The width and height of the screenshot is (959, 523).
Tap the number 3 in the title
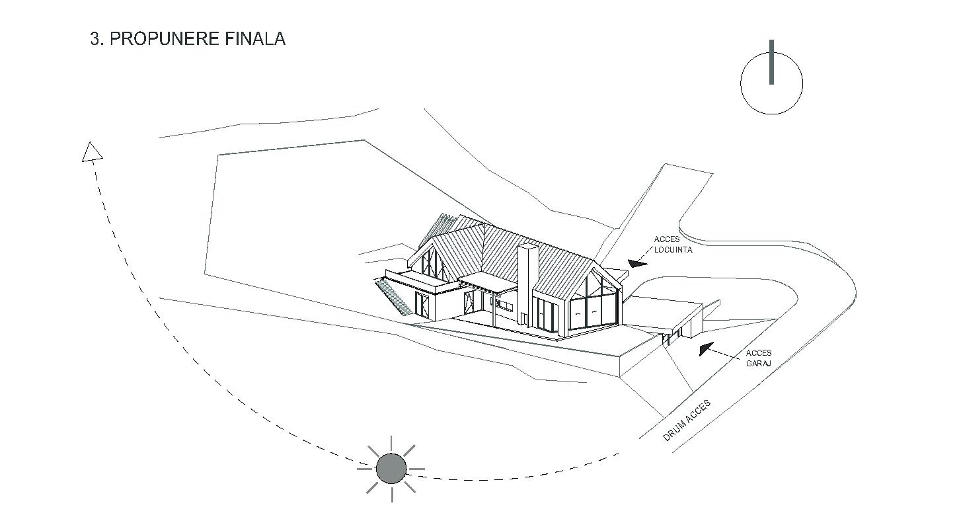(95, 38)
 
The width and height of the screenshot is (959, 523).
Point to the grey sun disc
(391, 469)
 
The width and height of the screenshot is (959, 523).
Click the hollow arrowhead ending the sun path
(92, 152)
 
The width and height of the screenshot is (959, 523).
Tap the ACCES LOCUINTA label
(673, 245)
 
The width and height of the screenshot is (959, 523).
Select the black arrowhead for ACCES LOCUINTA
(637, 264)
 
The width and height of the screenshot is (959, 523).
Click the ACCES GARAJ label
(758, 358)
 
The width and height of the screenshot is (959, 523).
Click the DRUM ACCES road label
(687, 421)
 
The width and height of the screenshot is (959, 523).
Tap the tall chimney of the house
(527, 284)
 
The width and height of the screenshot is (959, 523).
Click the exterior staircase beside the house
(389, 295)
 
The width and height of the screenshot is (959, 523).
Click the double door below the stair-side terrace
(422, 303)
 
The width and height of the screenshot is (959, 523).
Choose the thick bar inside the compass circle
(771, 62)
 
